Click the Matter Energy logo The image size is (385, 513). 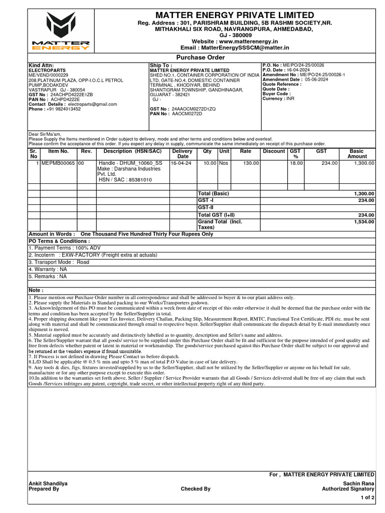click(60, 31)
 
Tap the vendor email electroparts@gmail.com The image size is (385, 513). click(92, 104)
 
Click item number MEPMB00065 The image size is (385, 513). click(58, 163)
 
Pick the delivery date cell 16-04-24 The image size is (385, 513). click(181, 163)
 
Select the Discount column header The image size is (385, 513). click(274, 151)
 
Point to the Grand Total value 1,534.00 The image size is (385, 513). click(364, 221)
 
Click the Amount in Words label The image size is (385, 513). click(52, 234)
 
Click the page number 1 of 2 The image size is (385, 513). click(367, 498)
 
